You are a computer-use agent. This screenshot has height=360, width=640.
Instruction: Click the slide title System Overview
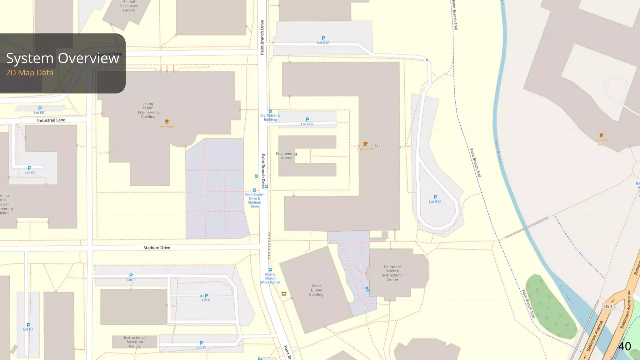coord(62,58)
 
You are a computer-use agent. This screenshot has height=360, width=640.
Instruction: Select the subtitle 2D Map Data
coord(30,73)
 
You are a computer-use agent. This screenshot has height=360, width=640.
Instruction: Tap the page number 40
coord(624,346)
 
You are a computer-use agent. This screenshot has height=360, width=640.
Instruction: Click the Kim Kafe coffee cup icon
coord(167,121)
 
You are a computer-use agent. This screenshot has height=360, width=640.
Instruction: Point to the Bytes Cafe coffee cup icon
coord(365,144)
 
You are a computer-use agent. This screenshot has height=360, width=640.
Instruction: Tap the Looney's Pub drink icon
coord(601,135)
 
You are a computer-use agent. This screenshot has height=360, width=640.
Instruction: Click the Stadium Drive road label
coord(157,248)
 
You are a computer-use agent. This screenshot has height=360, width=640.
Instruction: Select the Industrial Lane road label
coord(51,120)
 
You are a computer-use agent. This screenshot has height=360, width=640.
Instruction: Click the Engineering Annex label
coord(286,156)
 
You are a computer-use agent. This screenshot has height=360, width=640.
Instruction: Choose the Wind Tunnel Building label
coord(316,290)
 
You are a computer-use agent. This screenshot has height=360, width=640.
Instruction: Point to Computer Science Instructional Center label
coord(392,273)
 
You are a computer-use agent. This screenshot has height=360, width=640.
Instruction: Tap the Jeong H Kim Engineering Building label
coord(148,110)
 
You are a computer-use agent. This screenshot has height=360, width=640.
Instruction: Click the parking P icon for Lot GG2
coord(307,119)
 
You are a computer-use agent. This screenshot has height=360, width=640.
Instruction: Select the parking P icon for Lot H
coord(206,296)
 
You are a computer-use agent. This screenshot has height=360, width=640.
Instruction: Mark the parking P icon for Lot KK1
coord(40,108)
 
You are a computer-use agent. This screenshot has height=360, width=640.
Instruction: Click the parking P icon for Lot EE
coord(201,343)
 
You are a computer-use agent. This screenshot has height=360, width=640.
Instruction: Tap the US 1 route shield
coord(608,306)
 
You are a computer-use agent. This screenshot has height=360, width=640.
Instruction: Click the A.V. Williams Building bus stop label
coord(270,117)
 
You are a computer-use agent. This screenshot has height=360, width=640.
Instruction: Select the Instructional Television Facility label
coord(134,342)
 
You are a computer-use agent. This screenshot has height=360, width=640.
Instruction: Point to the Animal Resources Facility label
coord(129,6)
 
